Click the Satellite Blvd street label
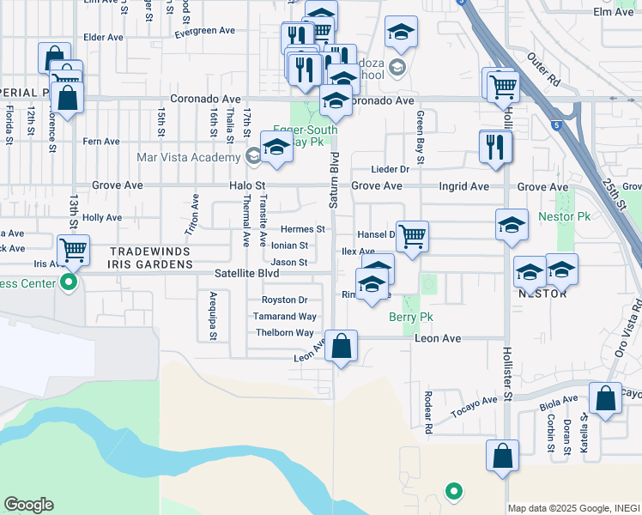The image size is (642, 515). tap(246, 274)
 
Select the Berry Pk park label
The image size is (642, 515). tap(410, 318)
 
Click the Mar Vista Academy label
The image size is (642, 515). tap(188, 157)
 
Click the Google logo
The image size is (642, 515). tap(29, 504)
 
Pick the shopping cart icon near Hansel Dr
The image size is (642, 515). tap(413, 235)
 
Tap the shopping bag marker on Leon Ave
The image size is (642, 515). tap(342, 348)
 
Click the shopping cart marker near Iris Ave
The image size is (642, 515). tap(75, 251)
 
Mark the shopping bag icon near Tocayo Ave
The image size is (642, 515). tap(605, 398)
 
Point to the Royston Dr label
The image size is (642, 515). tap(285, 300)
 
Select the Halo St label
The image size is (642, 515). tap(243, 185)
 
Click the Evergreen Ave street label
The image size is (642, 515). tap(204, 31)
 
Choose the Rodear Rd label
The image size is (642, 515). tap(427, 410)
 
